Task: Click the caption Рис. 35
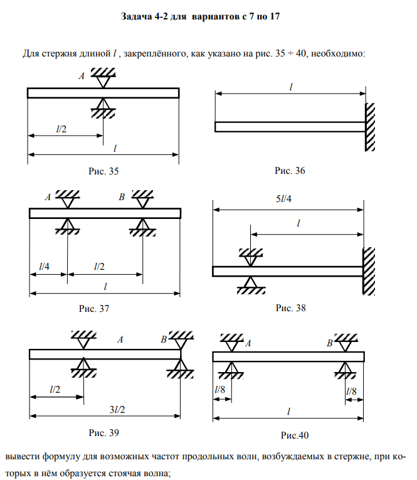click(x=103, y=171)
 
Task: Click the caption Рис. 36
click(x=290, y=171)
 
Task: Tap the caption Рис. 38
click(x=290, y=308)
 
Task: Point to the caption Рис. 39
click(x=104, y=432)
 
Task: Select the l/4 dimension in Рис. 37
click(x=45, y=267)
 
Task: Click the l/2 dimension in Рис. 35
click(x=63, y=129)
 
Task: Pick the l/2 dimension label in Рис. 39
click(x=55, y=390)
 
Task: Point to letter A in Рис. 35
click(x=81, y=77)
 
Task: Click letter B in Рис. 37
click(x=122, y=197)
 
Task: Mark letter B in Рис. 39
click(x=164, y=339)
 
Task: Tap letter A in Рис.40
click(x=248, y=344)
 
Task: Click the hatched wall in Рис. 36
click(x=371, y=127)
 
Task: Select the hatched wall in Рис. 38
click(x=369, y=271)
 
